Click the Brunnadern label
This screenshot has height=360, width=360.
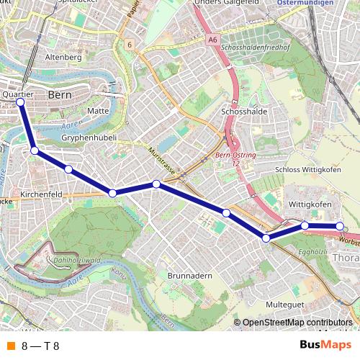click(189, 275)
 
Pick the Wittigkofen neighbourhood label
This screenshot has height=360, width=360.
click(309, 204)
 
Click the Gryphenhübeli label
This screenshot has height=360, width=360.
click(89, 137)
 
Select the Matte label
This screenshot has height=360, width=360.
click(97, 111)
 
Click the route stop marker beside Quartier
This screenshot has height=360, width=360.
click(20, 102)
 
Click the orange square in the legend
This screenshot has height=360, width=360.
click(11, 346)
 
